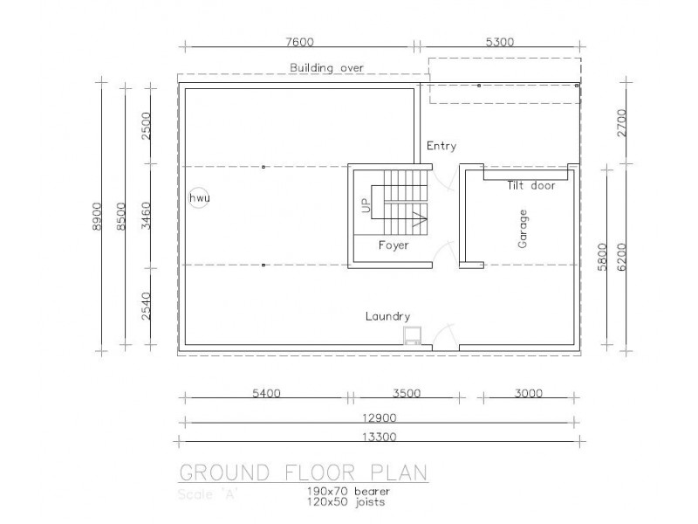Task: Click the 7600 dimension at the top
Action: click(x=299, y=41)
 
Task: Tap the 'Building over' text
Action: click(x=326, y=67)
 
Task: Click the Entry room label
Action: click(x=441, y=146)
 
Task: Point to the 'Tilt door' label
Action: click(x=531, y=185)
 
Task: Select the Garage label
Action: click(x=523, y=229)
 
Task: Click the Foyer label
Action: click(x=393, y=245)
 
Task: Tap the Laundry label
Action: click(x=388, y=317)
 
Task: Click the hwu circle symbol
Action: click(x=200, y=198)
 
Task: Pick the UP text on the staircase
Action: click(x=366, y=206)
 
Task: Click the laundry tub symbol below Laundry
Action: click(x=411, y=335)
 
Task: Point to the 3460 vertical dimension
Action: click(x=147, y=215)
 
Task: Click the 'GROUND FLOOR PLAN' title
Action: click(x=303, y=473)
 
